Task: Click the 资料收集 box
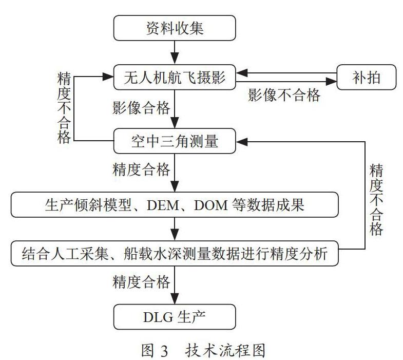point(175,28)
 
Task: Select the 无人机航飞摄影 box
point(175,77)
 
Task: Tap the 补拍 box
point(366,77)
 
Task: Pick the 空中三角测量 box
point(175,141)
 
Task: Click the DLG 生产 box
point(175,317)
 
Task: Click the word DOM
point(211,205)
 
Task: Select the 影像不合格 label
point(284,95)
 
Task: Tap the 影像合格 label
point(141,107)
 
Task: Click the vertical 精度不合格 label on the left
point(64,108)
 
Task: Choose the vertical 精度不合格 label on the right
point(376,200)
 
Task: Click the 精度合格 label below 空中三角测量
point(141,169)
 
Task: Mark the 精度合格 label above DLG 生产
point(141,282)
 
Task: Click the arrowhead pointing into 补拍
point(332,82)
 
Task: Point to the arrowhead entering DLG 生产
point(175,298)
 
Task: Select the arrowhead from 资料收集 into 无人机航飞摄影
point(175,59)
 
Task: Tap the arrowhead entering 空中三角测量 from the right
point(242,141)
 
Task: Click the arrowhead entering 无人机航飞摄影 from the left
point(108,77)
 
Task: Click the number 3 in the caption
point(164,351)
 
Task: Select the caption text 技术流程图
point(225,350)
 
